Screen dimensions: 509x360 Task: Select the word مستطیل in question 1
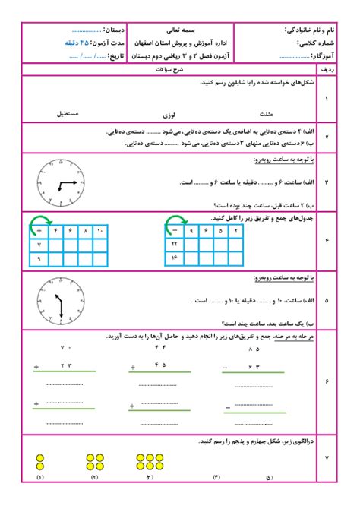(x=67, y=113)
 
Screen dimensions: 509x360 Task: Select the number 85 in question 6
(x=253, y=348)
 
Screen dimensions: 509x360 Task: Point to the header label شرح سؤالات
(x=175, y=69)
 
